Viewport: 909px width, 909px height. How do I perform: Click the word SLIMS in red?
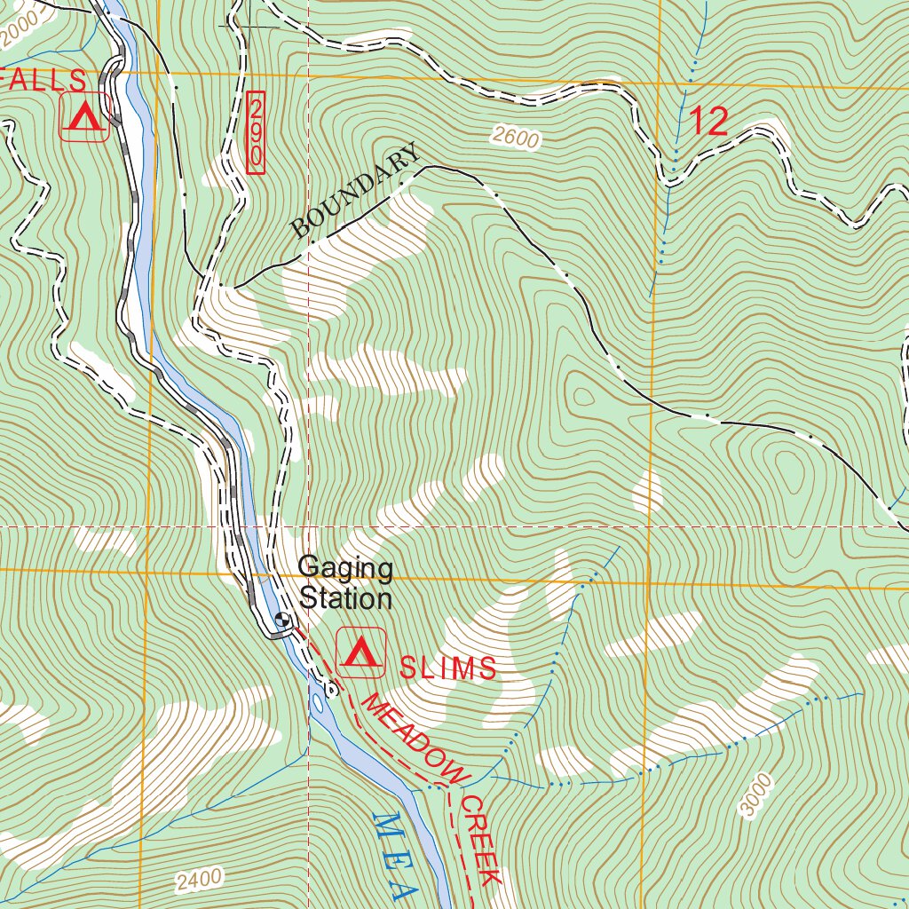(x=447, y=668)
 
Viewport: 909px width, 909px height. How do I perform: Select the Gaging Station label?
(x=345, y=582)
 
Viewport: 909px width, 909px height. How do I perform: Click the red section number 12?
(x=707, y=121)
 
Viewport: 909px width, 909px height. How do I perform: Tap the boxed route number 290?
(x=257, y=133)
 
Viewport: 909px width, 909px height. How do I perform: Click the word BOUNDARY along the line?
(x=356, y=192)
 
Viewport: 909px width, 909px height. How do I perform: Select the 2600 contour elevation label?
(x=514, y=138)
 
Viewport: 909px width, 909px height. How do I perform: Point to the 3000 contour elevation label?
(x=755, y=794)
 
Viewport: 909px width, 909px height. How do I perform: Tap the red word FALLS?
(x=44, y=81)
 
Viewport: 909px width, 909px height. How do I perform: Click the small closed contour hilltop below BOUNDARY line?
(x=583, y=395)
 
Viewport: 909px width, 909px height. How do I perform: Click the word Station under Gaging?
(x=345, y=598)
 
